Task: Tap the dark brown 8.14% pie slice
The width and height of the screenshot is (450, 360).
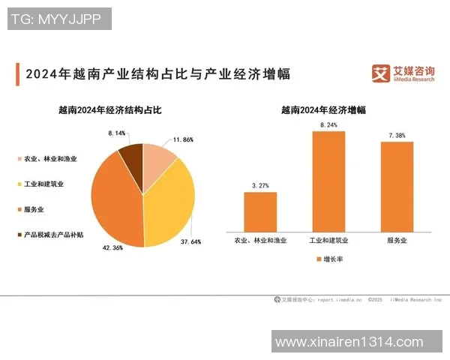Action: (131, 155)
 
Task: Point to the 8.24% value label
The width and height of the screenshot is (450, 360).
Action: (328, 124)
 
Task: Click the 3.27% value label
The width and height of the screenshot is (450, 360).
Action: (260, 184)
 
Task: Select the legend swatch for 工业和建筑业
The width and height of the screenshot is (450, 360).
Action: (18, 184)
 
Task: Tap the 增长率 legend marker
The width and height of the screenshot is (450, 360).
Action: (318, 259)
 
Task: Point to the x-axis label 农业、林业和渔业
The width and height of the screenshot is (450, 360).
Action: (260, 241)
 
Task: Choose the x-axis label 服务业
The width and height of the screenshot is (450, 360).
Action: (397, 241)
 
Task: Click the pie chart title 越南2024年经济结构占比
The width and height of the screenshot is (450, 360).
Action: (110, 109)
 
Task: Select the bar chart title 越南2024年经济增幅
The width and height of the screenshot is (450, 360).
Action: (324, 109)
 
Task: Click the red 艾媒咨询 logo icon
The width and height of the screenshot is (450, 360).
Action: (382, 73)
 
